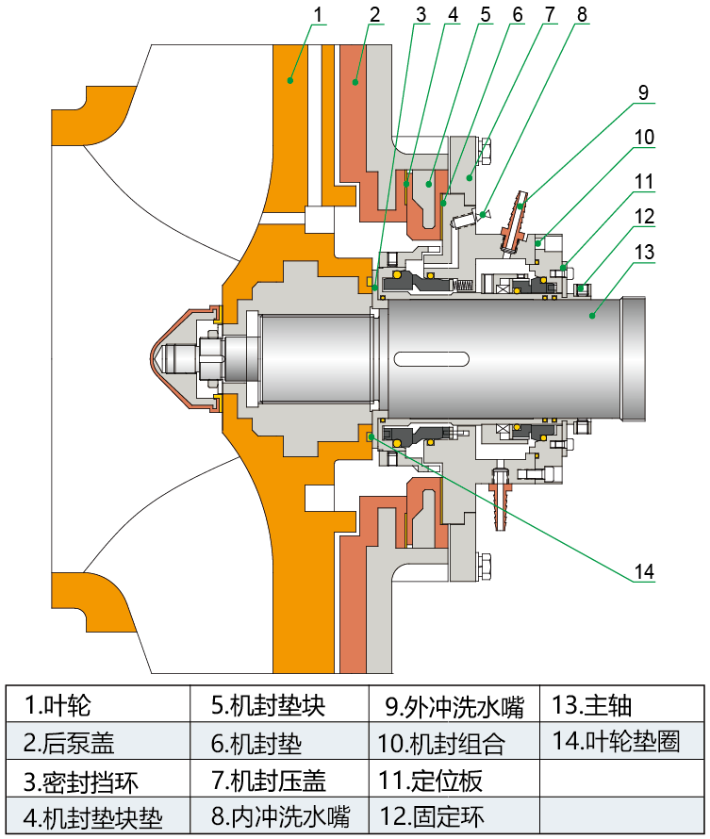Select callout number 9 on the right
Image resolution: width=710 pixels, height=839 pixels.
point(643,91)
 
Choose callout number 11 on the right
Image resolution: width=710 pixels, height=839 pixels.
point(643,180)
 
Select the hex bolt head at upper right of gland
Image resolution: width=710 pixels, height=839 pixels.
point(485,151)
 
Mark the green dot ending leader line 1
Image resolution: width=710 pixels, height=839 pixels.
point(290,81)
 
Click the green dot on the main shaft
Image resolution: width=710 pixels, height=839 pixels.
point(591,312)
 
